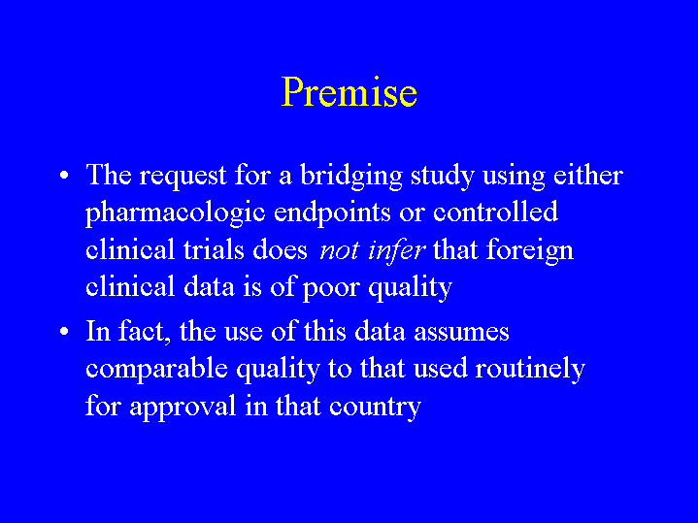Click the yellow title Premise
pos(349,91)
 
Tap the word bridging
pos(351,177)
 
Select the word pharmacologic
pos(176,213)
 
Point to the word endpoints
pos(332,212)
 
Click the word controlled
pos(495,211)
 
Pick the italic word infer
pos(397,250)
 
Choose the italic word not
pos(339,251)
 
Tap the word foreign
pos(530,251)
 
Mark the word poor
pos(331,289)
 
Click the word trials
pos(214,249)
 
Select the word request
pos(183,177)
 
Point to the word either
pos(588,175)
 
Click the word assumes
pos(461,333)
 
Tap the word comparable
pos(156,370)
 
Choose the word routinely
pos(530,370)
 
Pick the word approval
pos(183,408)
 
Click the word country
pos(376,409)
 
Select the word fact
pos(145,331)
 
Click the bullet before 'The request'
pos(64,175)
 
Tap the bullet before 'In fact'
pos(64,331)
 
